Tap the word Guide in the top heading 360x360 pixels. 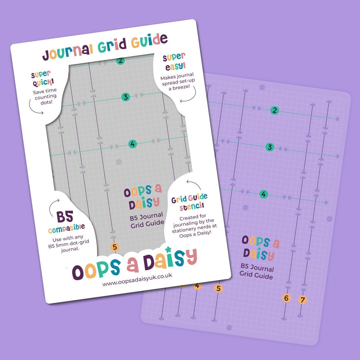(x=149, y=41)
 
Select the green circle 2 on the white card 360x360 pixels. (x=120, y=60)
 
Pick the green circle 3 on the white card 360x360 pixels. (x=125, y=97)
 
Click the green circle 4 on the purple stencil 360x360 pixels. (x=264, y=194)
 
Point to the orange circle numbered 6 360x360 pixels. (x=286, y=298)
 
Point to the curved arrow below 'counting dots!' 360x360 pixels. (x=36, y=107)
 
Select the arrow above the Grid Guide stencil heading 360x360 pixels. (x=193, y=184)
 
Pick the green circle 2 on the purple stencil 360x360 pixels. (x=274, y=111)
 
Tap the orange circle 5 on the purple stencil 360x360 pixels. (x=218, y=289)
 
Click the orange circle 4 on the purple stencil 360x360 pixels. (x=198, y=286)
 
